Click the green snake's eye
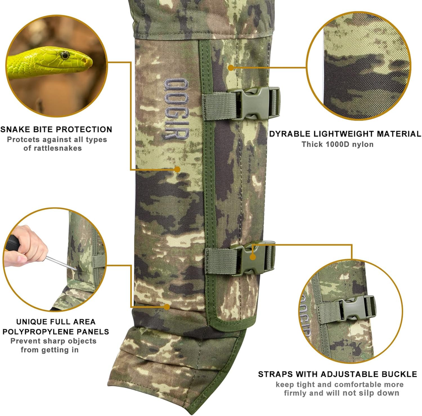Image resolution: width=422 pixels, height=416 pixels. click(x=65, y=55)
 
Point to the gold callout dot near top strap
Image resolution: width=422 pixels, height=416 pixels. click(x=232, y=67)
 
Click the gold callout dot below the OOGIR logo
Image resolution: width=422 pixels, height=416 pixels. click(x=177, y=169)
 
